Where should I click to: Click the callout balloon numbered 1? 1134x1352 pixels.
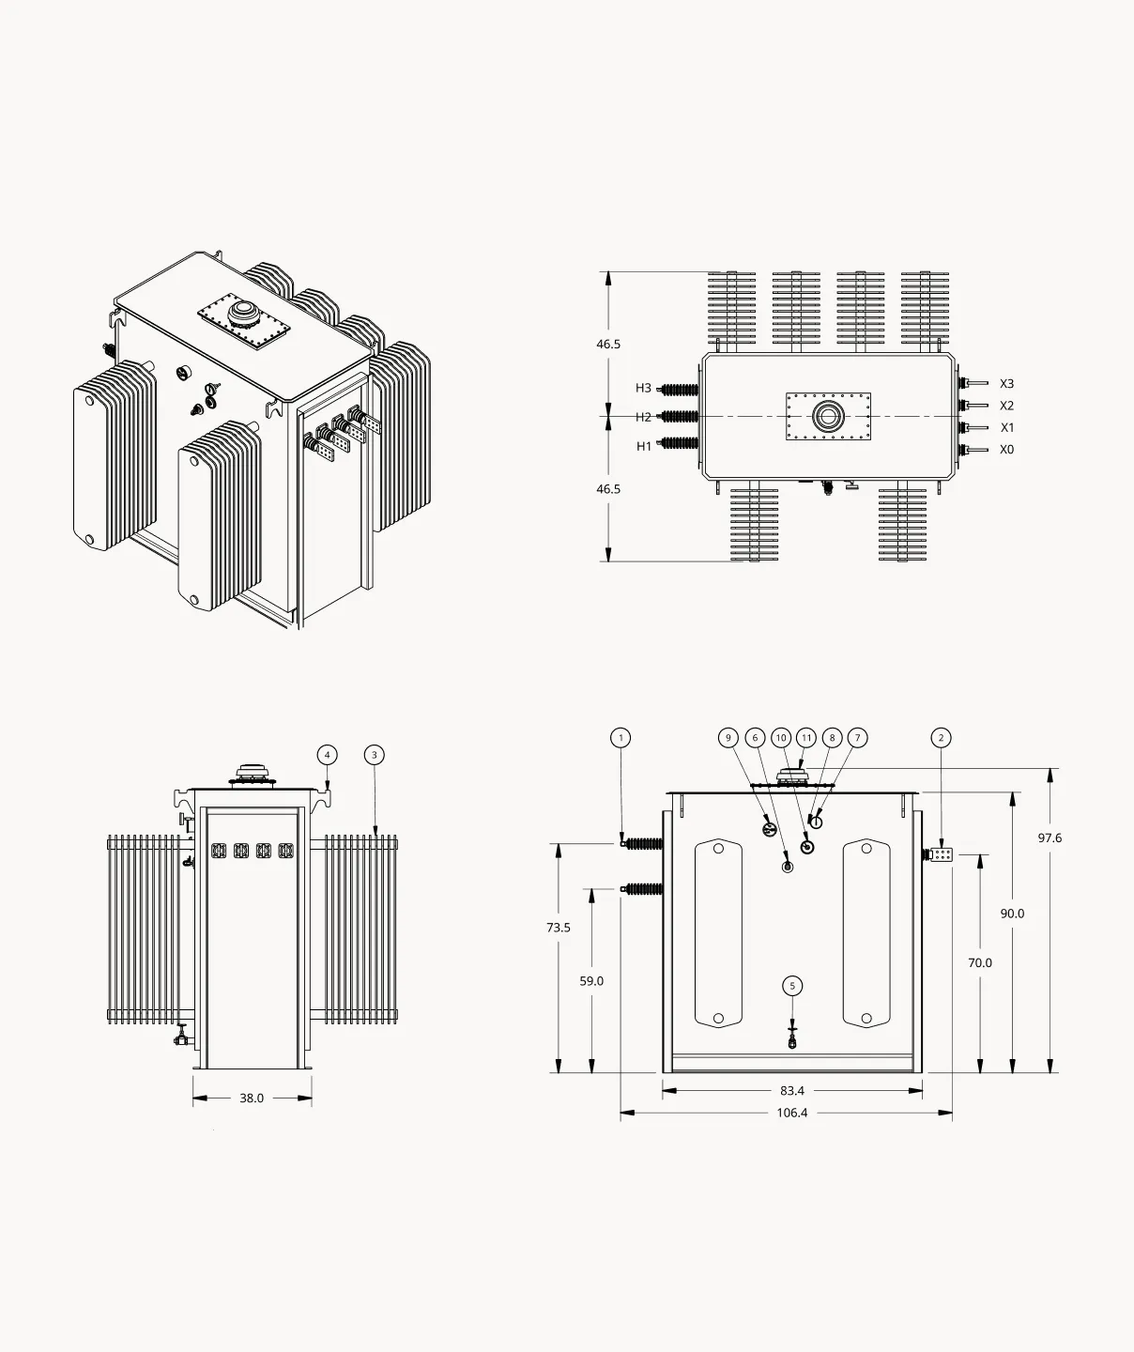(621, 738)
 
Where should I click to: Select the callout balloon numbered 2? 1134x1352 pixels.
(941, 738)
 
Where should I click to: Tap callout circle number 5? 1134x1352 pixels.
(792, 986)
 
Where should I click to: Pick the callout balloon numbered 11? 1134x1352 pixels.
(806, 738)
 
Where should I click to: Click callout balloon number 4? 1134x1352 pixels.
(327, 755)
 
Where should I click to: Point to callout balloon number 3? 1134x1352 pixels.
(374, 755)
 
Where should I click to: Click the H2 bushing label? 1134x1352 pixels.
(643, 418)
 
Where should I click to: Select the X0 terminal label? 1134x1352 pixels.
(1006, 450)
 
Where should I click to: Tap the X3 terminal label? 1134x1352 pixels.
(1006, 384)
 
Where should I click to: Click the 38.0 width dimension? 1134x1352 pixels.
(252, 1098)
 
